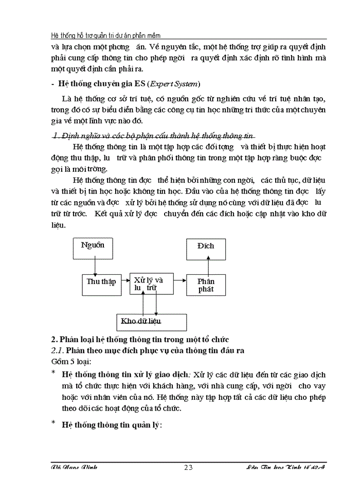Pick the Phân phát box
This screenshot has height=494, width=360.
click(206, 285)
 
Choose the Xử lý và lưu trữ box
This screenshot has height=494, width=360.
click(150, 284)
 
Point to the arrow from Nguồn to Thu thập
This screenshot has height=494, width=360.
click(95, 267)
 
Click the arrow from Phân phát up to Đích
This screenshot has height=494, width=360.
click(208, 267)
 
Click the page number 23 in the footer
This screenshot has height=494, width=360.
click(188, 467)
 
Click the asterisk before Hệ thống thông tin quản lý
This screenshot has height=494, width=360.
click(53, 424)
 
